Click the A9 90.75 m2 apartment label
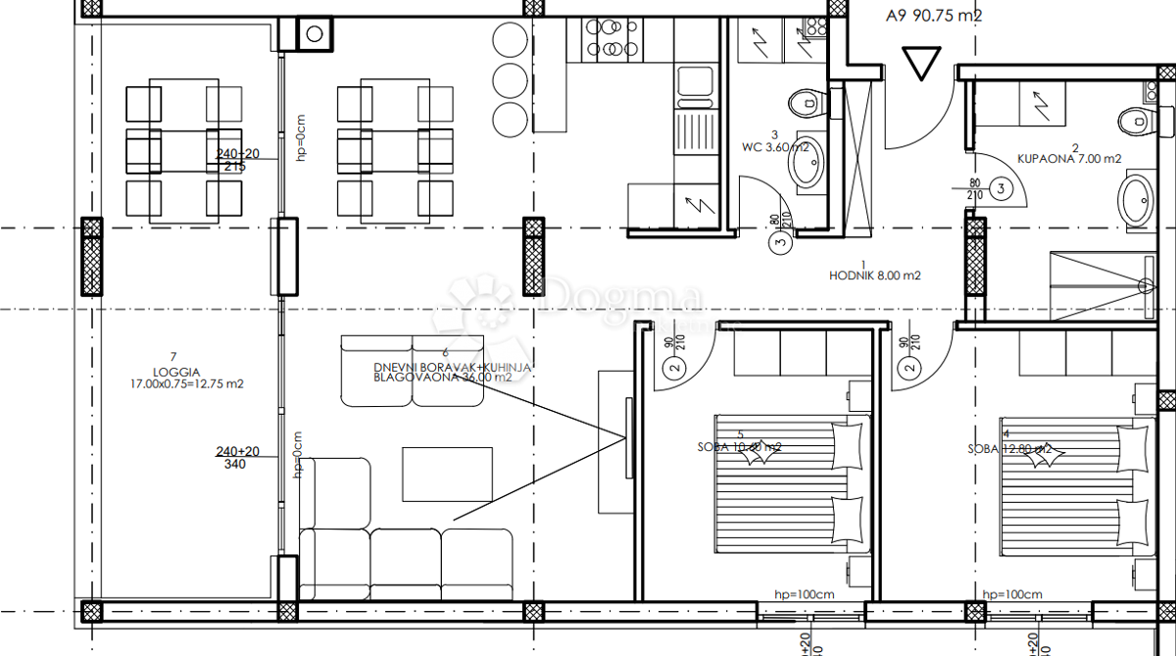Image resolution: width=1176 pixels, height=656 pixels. coord(933,15)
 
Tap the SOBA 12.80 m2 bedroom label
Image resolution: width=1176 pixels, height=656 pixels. coord(1010,448)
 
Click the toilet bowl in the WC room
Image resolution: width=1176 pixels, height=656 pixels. coord(807,102)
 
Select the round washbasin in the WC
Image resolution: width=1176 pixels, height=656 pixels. coord(808,170)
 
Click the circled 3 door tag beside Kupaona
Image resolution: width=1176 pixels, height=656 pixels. coord(1002,187)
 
